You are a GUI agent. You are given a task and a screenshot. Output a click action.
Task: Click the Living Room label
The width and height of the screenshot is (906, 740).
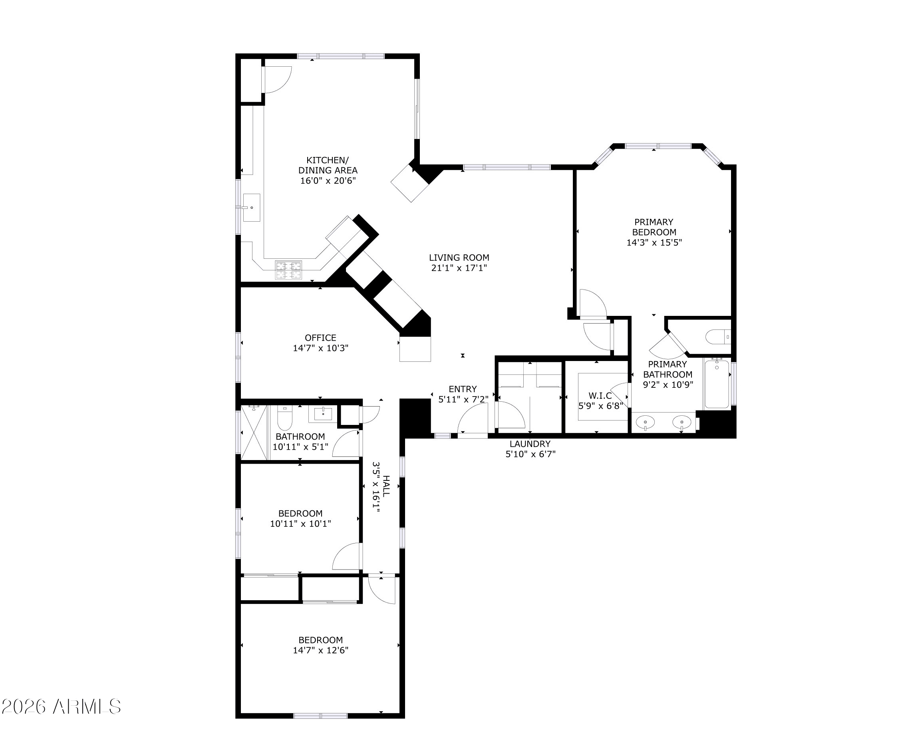pos(459,258)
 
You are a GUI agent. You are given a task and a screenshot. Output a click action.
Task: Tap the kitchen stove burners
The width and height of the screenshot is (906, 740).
pos(289,270)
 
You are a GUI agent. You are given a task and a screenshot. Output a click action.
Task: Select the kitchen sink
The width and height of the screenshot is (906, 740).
pos(252,208)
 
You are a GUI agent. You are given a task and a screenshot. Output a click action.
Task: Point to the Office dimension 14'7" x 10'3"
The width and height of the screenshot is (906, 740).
pos(321,348)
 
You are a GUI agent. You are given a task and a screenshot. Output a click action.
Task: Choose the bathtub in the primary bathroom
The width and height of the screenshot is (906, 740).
pos(717,384)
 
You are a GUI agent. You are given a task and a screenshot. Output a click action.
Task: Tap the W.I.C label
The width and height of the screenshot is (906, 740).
pos(600,396)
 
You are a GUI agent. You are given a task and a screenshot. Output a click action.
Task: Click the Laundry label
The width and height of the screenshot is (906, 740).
pos(530,444)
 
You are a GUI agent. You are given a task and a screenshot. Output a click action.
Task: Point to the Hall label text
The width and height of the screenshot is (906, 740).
pos(386,486)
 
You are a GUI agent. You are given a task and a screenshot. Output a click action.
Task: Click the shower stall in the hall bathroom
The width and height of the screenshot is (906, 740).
pos(254,432)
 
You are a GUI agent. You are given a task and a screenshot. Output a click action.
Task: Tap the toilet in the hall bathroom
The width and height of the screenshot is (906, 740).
pos(284,418)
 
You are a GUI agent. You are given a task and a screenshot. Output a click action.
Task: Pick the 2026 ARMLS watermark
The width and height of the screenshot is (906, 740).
pos(62,707)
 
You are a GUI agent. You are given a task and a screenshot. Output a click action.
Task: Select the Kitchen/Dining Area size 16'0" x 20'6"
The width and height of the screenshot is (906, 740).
pos(328,181)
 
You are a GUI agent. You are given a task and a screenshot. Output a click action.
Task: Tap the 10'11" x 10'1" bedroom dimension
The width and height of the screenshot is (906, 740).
pos(300,524)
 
